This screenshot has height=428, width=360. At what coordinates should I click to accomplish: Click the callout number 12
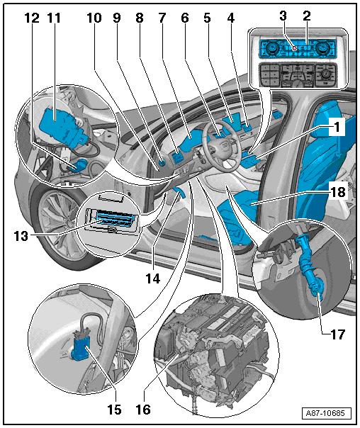(x=32, y=18)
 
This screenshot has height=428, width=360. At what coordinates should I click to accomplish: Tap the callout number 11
(x=54, y=18)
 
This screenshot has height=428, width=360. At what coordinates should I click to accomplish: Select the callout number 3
(x=283, y=16)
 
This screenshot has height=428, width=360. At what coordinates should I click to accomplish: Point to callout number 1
(x=337, y=127)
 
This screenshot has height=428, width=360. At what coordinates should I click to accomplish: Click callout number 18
(x=338, y=192)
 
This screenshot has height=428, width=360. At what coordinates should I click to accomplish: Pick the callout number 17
(x=338, y=334)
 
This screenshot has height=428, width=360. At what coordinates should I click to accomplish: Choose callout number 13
(x=21, y=236)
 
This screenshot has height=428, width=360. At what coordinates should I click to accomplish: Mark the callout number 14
(x=153, y=278)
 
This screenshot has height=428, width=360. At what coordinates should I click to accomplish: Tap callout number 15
(x=114, y=410)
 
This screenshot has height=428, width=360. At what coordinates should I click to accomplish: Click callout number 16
(x=143, y=410)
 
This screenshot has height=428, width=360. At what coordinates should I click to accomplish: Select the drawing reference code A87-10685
(x=325, y=413)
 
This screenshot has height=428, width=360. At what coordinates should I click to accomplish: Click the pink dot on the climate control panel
(x=295, y=48)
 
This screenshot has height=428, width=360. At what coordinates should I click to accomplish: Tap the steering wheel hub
(x=220, y=147)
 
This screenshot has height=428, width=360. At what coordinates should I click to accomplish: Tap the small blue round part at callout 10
(x=162, y=163)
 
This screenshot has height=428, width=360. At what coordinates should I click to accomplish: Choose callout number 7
(x=162, y=18)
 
